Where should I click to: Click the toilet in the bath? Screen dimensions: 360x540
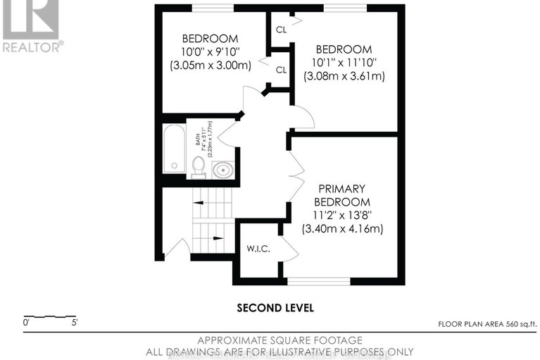pos(199,166)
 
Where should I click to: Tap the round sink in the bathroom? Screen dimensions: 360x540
pos(223,169)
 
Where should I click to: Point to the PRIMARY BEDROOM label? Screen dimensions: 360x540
pos(341,195)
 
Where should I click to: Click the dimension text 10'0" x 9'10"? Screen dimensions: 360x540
pos(211,51)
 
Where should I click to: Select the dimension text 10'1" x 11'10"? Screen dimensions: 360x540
pos(344,62)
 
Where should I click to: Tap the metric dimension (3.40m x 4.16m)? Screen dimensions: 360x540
pos(343,229)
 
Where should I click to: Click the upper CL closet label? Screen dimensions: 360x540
pos(282,30)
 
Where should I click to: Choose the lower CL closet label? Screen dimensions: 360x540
pos(282,70)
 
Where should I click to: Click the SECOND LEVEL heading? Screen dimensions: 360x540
pos(275,308)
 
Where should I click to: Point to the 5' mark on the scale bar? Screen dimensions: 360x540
pos(74,323)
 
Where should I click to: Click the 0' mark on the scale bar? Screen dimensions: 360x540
pos(27,323)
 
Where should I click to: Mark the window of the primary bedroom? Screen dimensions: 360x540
pos(318,281)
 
